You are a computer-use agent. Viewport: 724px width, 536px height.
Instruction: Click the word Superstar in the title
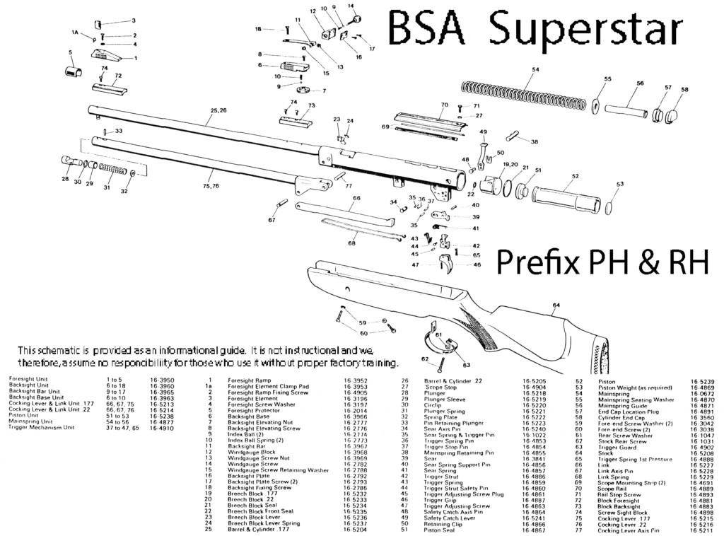pos(587,30)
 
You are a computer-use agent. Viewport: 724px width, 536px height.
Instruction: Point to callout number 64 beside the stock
pos(556,305)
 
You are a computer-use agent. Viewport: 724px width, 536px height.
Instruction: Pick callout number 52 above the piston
pos(576,176)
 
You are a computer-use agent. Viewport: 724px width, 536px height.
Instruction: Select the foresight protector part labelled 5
pos(71,71)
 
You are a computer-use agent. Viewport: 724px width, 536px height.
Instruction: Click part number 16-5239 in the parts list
pos(702,381)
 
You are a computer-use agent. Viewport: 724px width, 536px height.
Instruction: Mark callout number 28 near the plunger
pos(65,180)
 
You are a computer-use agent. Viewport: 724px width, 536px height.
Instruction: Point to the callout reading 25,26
pos(218,110)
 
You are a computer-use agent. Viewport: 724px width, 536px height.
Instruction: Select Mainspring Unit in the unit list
pos(29,421)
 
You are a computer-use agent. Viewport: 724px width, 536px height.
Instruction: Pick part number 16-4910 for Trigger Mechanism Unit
pos(162,428)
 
